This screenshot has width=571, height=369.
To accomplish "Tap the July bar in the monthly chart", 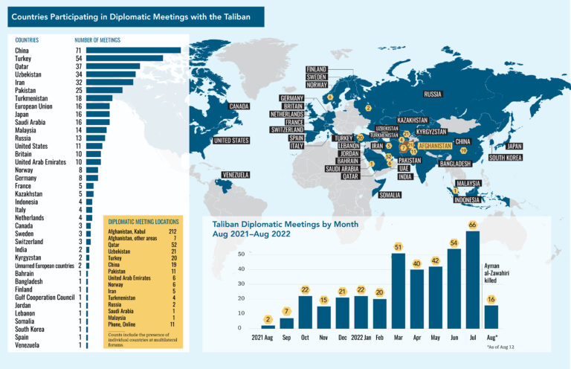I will tap(472, 279).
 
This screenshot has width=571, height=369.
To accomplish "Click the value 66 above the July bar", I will tap(472, 225).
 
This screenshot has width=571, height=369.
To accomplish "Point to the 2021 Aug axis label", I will tap(265, 337).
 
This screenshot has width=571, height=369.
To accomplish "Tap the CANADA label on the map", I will tap(239, 106).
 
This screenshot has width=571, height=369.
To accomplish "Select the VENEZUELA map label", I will tap(234, 175).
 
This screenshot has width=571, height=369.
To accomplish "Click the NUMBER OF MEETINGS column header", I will tap(97, 39).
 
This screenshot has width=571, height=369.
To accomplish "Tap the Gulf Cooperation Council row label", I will tap(43, 298).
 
